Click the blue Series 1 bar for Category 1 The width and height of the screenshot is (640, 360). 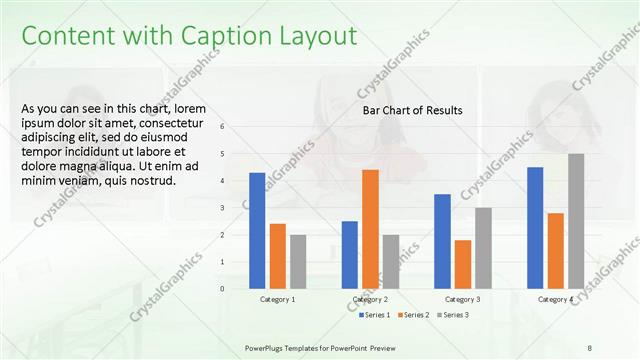point(257,230)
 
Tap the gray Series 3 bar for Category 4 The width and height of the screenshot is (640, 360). point(576,221)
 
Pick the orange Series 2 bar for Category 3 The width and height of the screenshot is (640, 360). point(462,264)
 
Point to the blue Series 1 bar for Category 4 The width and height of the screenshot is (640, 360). point(535,227)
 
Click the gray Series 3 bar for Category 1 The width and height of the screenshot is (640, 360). point(298,261)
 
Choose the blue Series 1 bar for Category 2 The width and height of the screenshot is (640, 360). point(350,254)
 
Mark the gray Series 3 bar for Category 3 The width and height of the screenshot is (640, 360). point(483,248)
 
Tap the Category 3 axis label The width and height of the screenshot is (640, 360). point(462,299)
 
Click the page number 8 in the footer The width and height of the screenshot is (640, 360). point(589,346)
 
